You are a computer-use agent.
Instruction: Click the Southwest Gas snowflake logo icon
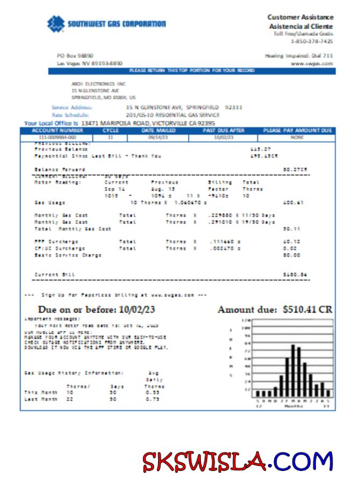pos(56,24)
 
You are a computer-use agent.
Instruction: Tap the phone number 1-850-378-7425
pos(312,41)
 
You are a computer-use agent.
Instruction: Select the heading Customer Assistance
pos(300,17)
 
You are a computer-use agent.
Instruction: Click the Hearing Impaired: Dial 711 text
pos(299,55)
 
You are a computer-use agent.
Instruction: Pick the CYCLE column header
pos(111,131)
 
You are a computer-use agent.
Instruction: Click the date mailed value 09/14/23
pos(158,138)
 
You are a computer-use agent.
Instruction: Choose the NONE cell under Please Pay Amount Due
pos(297,138)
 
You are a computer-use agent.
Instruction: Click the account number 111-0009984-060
pos(57,138)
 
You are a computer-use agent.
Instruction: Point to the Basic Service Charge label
pos(68,255)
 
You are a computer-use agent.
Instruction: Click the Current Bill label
pos(55,274)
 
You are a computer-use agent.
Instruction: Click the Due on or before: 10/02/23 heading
pos(97,310)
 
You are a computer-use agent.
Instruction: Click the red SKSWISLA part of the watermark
pos(205,462)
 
